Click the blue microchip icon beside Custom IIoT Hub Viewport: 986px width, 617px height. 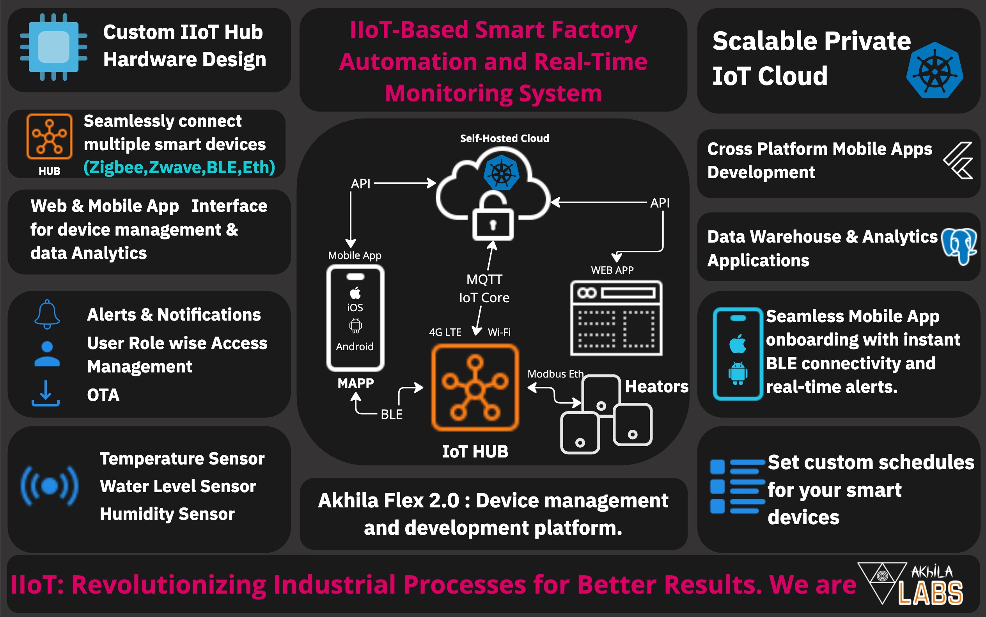pos(53,47)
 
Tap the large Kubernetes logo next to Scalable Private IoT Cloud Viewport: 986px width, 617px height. pos(935,71)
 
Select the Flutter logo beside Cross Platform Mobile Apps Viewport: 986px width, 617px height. pos(959,161)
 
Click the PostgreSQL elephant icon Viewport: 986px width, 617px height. pos(959,246)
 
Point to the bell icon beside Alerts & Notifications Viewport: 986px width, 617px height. pos(47,314)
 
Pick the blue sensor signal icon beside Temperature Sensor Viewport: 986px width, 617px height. pos(50,486)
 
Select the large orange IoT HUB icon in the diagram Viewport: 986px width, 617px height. pos(475,388)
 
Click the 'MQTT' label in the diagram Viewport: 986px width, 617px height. pos(484,280)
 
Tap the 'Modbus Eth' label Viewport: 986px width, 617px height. pos(555,374)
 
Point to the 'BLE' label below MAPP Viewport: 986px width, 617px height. pos(391,414)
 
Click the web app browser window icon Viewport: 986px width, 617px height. pos(616,318)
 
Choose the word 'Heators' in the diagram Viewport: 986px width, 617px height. pos(657,387)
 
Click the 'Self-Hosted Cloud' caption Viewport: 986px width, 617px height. pos(504,138)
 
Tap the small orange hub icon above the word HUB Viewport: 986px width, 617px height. pos(50,136)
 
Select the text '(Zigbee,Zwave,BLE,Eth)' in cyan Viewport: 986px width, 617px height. pos(179,167)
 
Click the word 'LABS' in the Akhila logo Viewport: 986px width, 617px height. pos(931,593)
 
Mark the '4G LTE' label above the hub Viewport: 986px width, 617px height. pos(445,332)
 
